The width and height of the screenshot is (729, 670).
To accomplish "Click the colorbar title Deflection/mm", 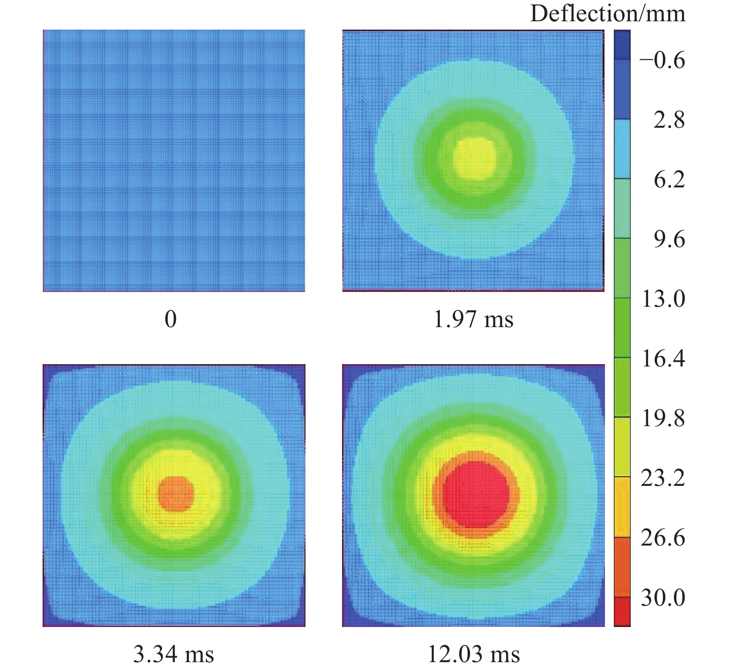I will point(607,13).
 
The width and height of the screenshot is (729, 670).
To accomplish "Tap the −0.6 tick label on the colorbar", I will point(662,60).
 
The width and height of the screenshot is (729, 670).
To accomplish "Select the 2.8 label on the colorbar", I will point(669,120).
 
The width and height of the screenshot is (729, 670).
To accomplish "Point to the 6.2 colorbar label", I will point(669,180).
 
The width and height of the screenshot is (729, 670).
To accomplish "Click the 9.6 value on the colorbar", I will point(669,239).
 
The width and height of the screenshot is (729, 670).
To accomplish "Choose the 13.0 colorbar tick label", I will point(663,299).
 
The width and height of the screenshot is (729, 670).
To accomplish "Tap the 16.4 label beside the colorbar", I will point(663,359).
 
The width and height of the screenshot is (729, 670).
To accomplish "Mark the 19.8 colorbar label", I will point(663,418).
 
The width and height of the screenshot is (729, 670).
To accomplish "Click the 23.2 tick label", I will point(663,478).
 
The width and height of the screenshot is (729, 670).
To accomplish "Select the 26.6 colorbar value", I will point(663,538).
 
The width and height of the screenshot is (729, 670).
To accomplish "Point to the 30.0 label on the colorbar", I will point(663,598).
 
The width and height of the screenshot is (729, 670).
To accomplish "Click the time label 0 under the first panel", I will point(171,319).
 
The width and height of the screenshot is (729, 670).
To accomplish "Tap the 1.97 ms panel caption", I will point(473,319).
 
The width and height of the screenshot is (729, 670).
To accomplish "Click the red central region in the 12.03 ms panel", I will point(475,494).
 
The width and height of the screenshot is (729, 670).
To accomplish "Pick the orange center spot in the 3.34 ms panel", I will point(175,494).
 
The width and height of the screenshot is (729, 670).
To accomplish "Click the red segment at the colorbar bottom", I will point(622,611).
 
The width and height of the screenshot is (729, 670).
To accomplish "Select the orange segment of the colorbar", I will point(622,567).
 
